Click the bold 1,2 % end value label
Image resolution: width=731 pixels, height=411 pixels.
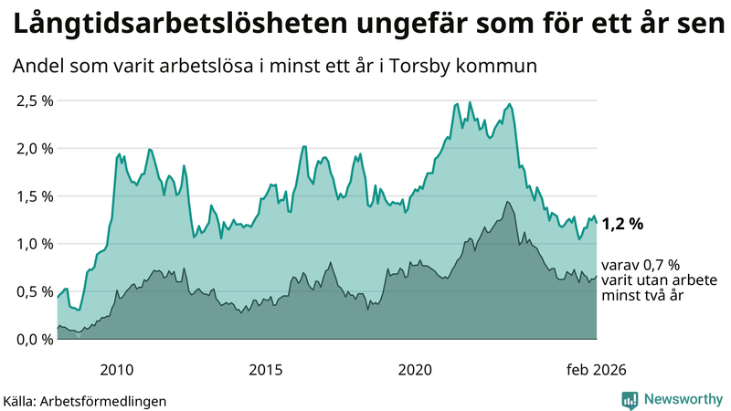tap(623, 223)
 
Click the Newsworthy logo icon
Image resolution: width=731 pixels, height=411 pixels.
tap(630, 399)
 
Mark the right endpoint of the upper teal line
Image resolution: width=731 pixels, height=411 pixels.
tap(597, 223)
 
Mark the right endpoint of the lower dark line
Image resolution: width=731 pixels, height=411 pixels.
tap(597, 277)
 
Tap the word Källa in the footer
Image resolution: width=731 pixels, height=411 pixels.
tap(24, 400)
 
